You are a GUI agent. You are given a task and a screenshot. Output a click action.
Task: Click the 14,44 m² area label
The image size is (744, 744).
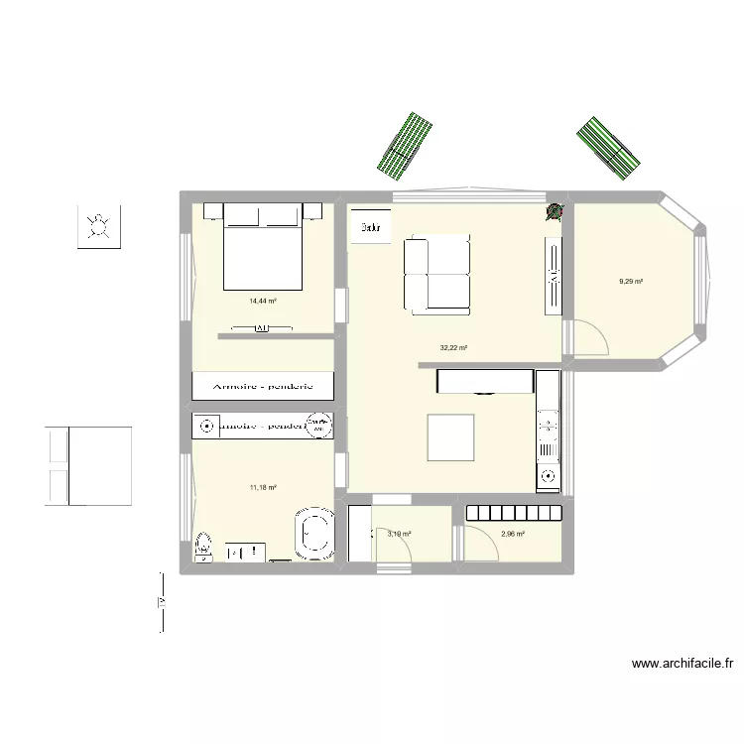click(263, 301)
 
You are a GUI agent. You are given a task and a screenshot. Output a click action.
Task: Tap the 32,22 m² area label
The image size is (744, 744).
click(453, 348)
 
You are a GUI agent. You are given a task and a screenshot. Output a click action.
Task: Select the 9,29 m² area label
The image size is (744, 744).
click(631, 282)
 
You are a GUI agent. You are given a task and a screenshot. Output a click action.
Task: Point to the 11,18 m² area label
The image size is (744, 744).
click(263, 487)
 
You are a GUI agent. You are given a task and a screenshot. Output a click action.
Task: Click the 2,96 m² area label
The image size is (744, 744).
click(513, 534)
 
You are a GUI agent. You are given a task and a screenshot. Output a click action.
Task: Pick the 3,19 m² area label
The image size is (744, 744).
click(399, 534)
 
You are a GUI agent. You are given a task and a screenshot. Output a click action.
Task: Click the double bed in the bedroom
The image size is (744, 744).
click(263, 248)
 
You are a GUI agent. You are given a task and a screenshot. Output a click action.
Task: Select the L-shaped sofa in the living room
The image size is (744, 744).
click(436, 273)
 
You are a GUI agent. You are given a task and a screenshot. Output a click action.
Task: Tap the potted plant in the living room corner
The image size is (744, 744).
click(555, 211)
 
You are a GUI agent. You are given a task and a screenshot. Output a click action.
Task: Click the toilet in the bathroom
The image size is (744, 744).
click(203, 545)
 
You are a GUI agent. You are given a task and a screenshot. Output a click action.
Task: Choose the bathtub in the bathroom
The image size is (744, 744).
click(316, 533)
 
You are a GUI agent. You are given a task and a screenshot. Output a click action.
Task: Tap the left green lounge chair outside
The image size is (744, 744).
click(405, 145)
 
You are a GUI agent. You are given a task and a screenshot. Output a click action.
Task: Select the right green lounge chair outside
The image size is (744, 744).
click(610, 148)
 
